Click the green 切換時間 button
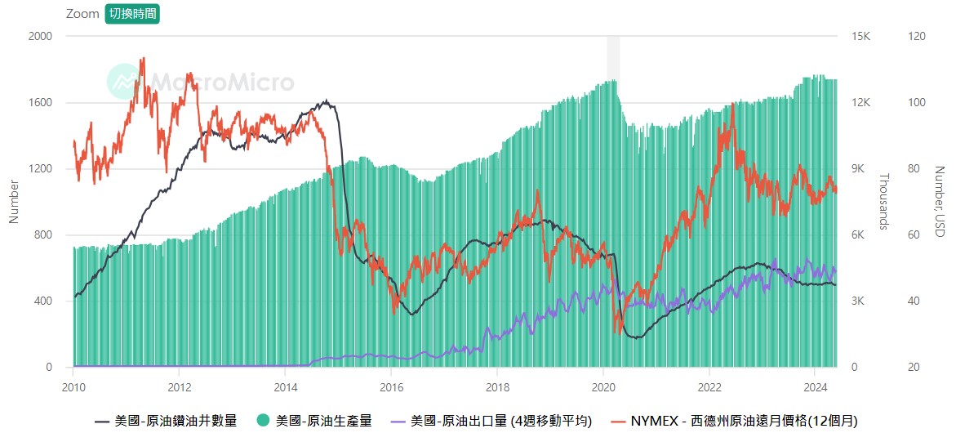132,14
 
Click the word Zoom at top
82,14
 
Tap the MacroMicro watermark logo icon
123,81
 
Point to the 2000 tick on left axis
40,37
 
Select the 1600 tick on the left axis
40,103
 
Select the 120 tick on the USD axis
918,37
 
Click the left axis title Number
14,202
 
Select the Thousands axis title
883,202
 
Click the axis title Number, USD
940,202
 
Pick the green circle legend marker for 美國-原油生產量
264,421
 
